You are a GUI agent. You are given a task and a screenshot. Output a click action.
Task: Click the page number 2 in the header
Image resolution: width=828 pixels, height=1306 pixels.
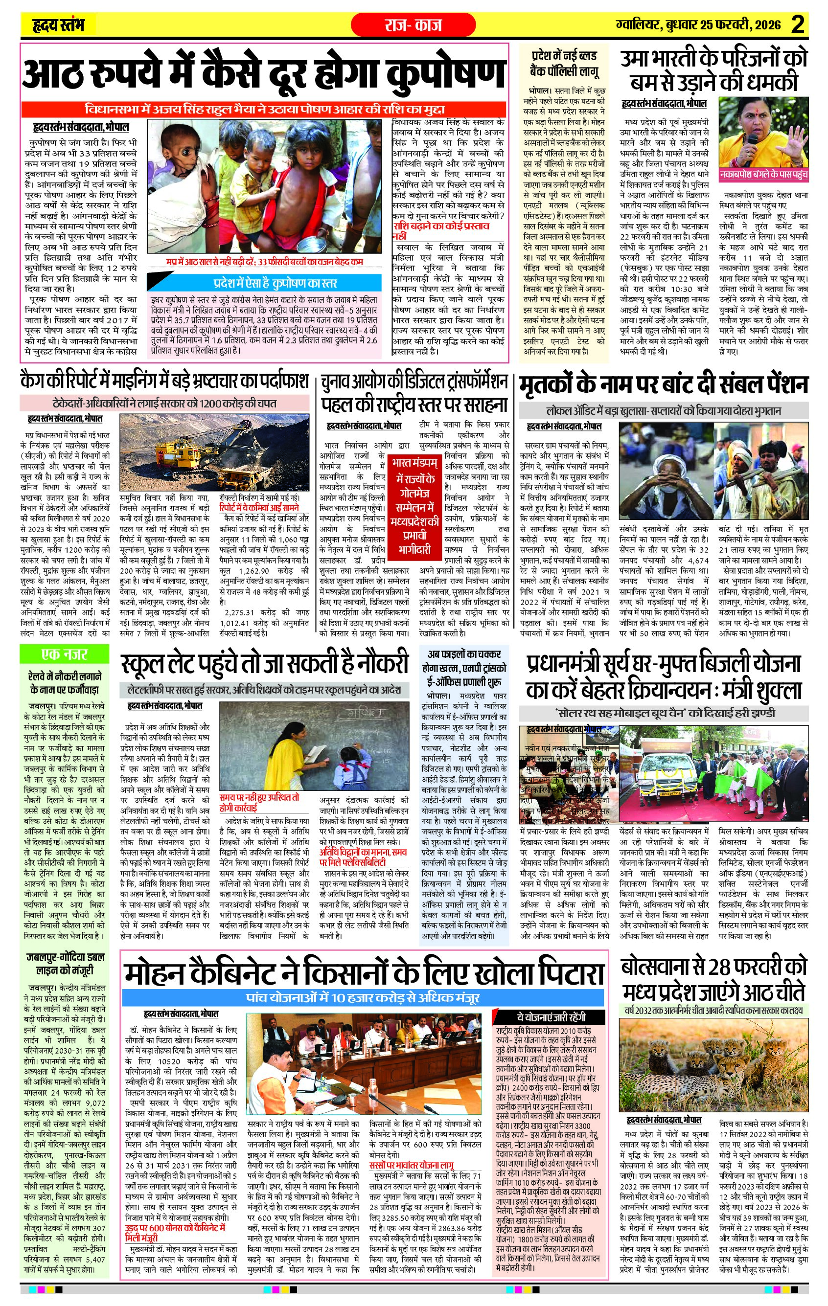pos(797,24)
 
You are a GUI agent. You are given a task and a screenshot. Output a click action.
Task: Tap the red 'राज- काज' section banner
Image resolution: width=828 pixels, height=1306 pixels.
pos(413,25)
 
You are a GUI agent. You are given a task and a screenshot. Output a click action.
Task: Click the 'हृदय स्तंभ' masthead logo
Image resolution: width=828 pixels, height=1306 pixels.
pos(58,25)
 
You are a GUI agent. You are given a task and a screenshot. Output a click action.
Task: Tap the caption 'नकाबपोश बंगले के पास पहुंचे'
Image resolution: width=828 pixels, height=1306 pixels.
pos(763,175)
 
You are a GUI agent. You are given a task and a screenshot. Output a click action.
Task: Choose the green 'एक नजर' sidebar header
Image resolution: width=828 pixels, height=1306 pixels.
pos(65,654)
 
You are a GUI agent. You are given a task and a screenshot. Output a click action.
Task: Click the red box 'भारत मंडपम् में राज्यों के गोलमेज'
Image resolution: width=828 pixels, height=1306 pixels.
pos(414,505)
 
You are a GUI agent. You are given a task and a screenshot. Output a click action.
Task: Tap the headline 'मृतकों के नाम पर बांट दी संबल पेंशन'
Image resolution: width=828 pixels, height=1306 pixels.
pos(663,385)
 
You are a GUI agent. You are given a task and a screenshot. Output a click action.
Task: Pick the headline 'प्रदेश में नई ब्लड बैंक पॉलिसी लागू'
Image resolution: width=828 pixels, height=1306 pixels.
pos(564,63)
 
